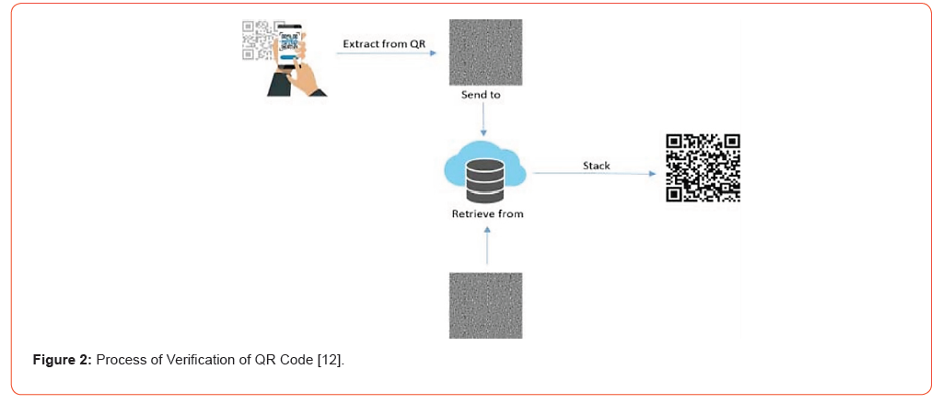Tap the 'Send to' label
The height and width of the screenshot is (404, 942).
[481, 95]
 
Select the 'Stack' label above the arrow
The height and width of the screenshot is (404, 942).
[596, 166]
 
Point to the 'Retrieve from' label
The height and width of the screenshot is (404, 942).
[487, 214]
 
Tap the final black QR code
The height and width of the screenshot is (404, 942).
[704, 168]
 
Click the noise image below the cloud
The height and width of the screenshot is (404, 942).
[485, 305]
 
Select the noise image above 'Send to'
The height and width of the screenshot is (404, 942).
[485, 52]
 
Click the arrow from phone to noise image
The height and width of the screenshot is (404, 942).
[385, 53]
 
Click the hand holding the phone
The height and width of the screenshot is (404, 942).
[307, 80]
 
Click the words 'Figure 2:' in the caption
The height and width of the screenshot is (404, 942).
[63, 360]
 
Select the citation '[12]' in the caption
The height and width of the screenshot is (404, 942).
[330, 360]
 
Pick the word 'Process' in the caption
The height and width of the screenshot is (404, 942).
[119, 360]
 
